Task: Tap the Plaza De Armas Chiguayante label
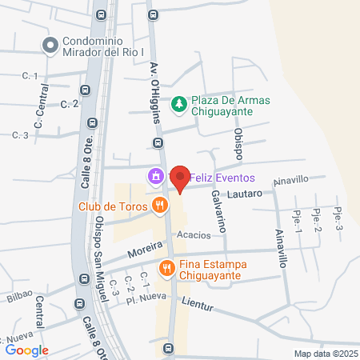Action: click(230, 106)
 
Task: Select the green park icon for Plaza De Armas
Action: click(180, 102)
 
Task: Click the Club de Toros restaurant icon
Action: click(160, 205)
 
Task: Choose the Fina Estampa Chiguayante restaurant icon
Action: click(167, 268)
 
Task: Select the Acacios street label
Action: click(194, 235)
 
